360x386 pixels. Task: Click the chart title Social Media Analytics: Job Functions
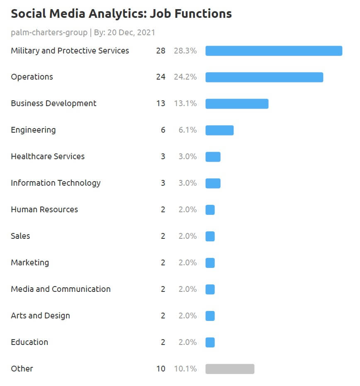[121, 14]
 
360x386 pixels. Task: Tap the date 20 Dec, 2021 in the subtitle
[131, 32]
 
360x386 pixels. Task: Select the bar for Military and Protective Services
[274, 51]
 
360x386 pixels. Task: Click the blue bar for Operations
[264, 77]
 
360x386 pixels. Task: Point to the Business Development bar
[237, 104]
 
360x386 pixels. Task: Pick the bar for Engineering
[219, 130]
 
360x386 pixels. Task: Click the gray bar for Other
[230, 369]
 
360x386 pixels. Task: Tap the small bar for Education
[210, 342]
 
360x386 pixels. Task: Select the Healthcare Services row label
[48, 156]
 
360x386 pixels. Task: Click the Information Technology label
[56, 183]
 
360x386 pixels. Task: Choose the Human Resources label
[44, 209]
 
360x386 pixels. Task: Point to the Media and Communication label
[61, 289]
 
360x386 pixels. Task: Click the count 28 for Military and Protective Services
[161, 51]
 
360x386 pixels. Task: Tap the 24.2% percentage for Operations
[185, 77]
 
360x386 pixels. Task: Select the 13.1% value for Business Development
[185, 104]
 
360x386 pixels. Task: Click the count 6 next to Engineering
[163, 130]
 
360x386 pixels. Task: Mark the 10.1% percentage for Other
[185, 369]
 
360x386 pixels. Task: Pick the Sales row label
[20, 236]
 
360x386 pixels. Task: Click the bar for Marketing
[210, 263]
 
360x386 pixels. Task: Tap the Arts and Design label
[40, 316]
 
